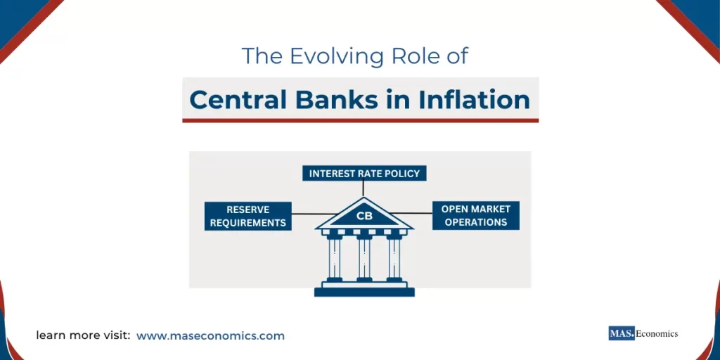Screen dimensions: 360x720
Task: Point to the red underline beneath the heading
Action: pyautogui.click(x=360, y=120)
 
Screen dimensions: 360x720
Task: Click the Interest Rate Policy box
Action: pyautogui.click(x=364, y=173)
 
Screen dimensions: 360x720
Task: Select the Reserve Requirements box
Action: pyautogui.click(x=247, y=216)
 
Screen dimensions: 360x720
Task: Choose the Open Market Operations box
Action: pyautogui.click(x=475, y=216)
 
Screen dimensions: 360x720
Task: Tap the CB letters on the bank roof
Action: pyautogui.click(x=364, y=216)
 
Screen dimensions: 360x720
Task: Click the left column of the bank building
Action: pyautogui.click(x=334, y=258)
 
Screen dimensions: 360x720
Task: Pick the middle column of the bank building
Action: pyautogui.click(x=364, y=258)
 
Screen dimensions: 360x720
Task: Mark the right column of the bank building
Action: pyautogui.click(x=394, y=258)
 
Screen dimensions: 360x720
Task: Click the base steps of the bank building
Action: pyautogui.click(x=364, y=289)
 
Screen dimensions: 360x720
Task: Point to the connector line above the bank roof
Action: pyautogui.click(x=364, y=188)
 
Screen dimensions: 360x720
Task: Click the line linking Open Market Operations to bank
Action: pyautogui.click(x=415, y=213)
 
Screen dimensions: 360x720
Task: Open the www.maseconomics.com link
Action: pyautogui.click(x=210, y=336)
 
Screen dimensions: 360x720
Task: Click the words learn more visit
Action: pyautogui.click(x=83, y=336)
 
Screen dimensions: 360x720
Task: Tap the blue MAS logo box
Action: pyautogui.click(x=622, y=333)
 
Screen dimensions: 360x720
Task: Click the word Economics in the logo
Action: pyautogui.click(x=657, y=334)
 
